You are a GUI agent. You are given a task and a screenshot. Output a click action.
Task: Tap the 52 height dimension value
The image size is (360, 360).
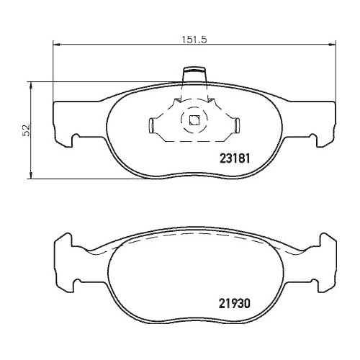click(x=26, y=130)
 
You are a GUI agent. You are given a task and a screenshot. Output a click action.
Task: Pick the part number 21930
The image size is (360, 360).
click(x=234, y=305)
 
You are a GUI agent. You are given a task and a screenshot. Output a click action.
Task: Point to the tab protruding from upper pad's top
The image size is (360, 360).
click(x=194, y=74)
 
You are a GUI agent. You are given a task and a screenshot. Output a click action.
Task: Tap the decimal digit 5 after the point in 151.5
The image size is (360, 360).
click(x=204, y=40)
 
